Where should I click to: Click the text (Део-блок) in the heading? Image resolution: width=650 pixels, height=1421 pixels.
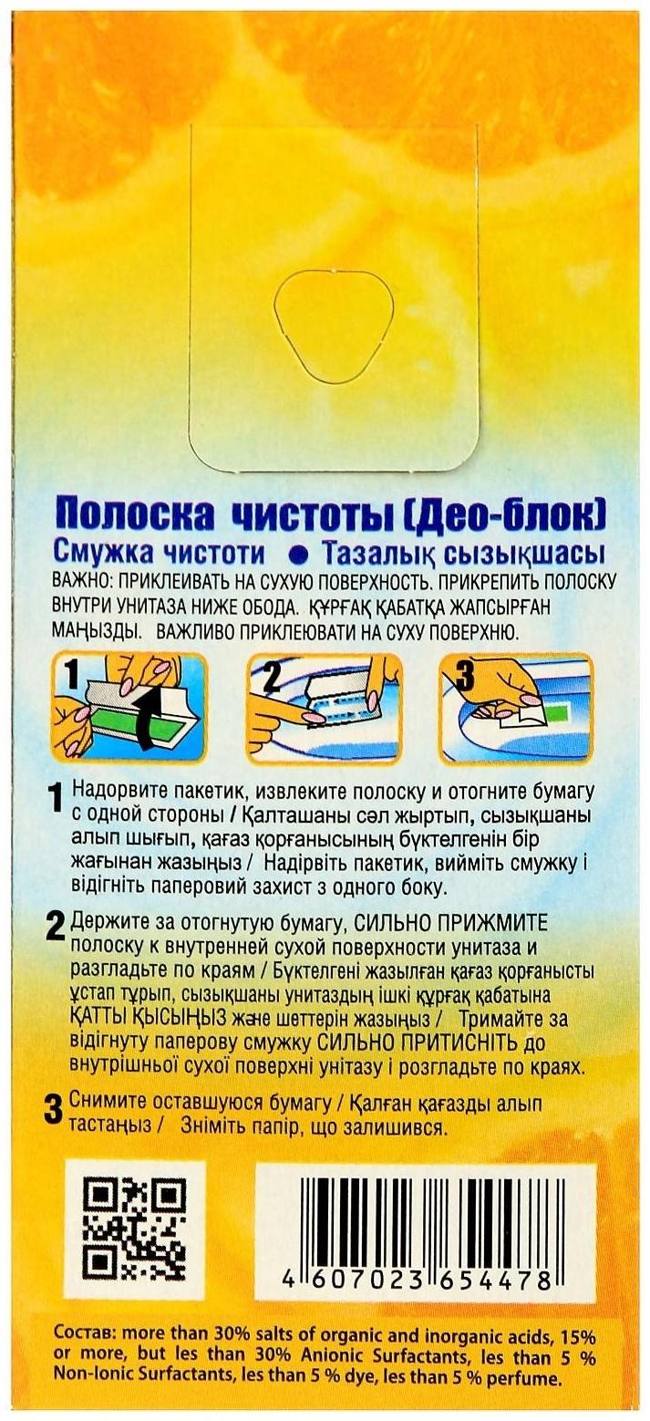[x=506, y=513]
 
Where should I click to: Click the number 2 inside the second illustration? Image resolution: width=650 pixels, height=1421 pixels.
[x=271, y=677]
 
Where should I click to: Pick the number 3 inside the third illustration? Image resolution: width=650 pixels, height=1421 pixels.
[x=465, y=676]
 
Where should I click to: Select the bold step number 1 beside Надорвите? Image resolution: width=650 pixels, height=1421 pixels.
[x=55, y=799]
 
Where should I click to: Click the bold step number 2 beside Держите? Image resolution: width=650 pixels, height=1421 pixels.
[x=55, y=928]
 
